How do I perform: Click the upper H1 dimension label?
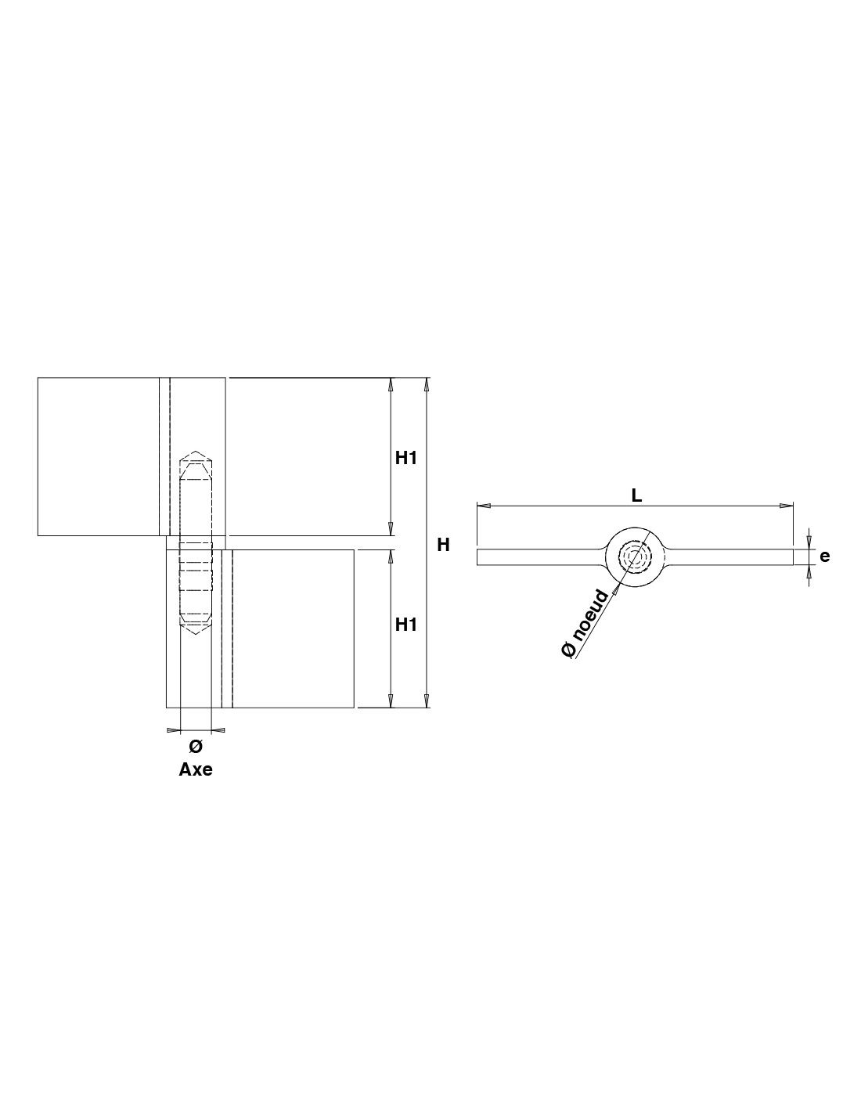coord(405,459)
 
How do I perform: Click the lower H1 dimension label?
coord(405,625)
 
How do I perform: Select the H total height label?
coord(444,546)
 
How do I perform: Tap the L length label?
coord(636,495)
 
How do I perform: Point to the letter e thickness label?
coord(825,556)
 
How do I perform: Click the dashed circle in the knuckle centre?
coord(635,556)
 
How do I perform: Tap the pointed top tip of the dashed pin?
coord(196,452)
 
